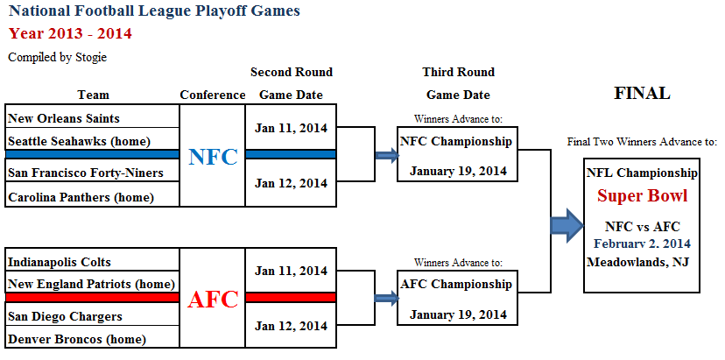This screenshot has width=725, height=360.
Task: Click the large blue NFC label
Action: pyautogui.click(x=213, y=158)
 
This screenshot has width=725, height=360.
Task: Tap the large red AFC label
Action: pyautogui.click(x=213, y=300)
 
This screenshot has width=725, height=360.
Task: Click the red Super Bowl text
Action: pyautogui.click(x=642, y=195)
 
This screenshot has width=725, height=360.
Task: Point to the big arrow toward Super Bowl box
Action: pyautogui.click(x=567, y=225)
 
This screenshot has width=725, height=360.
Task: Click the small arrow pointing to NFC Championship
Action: pyautogui.click(x=387, y=156)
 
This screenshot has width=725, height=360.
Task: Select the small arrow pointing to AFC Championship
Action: pyautogui.click(x=387, y=299)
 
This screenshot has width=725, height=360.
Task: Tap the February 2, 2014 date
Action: pyautogui.click(x=642, y=244)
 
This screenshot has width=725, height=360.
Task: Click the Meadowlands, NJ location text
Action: pyautogui.click(x=638, y=263)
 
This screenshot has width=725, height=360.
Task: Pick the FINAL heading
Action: pyautogui.click(x=642, y=94)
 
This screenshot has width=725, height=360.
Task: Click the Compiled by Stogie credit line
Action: pyautogui.click(x=58, y=58)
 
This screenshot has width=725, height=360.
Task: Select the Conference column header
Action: pyautogui.click(x=213, y=95)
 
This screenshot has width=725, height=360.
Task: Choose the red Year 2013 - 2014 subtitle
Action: pyautogui.click(x=70, y=34)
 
